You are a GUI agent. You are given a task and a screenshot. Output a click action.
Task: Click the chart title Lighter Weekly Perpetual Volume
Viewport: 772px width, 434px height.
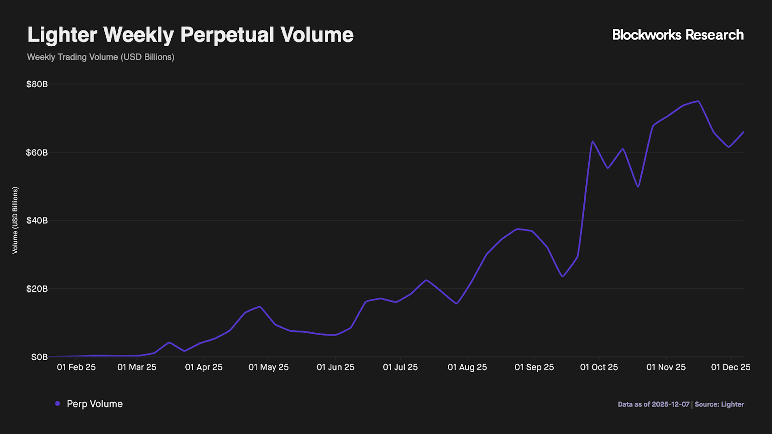point(190,35)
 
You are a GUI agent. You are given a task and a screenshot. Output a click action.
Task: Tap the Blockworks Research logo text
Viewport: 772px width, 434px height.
point(677,35)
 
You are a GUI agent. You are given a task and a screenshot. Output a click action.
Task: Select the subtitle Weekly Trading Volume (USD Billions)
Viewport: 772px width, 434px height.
point(100,57)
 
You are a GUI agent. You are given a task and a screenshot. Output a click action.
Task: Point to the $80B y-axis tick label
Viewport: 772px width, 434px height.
point(37,84)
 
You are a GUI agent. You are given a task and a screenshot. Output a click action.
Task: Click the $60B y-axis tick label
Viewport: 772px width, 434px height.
point(37,152)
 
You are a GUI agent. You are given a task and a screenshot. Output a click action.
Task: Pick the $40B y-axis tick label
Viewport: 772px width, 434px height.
point(37,220)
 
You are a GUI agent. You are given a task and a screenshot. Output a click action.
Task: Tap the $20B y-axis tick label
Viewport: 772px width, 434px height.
point(37,289)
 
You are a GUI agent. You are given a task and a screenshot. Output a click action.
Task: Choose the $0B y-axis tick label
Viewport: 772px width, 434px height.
point(40,357)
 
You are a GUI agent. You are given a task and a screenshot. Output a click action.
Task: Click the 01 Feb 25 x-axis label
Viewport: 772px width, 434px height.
point(76,367)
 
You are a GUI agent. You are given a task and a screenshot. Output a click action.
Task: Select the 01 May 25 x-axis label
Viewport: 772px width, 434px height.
point(268,367)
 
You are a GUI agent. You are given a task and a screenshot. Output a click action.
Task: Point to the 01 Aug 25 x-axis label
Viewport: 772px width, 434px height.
point(467,367)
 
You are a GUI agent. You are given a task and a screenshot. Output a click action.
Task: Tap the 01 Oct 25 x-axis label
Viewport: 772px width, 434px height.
point(599,367)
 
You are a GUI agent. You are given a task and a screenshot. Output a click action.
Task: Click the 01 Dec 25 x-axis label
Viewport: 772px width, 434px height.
point(731,367)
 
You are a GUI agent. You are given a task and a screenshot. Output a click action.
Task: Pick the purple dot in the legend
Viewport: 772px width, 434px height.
point(57,404)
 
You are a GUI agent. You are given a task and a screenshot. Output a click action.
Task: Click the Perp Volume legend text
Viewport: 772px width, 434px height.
point(95,404)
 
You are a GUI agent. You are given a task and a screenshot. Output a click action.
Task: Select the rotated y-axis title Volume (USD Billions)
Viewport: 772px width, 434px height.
point(15,220)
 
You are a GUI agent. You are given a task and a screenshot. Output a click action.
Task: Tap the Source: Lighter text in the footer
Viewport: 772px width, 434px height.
point(719,405)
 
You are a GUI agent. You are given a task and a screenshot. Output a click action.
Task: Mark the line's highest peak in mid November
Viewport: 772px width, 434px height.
point(698,101)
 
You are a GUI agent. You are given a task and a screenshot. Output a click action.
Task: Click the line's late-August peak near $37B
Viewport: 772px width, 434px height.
point(517,229)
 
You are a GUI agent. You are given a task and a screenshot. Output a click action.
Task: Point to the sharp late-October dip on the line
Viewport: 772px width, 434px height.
point(638,187)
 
